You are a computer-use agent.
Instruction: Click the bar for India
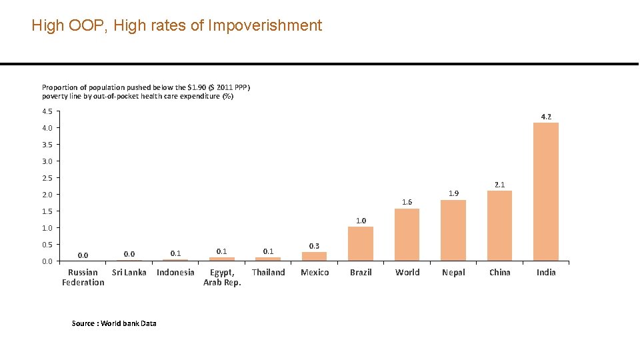tap(546, 191)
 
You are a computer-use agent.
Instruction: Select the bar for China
tap(499, 225)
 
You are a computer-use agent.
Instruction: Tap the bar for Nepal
tap(453, 230)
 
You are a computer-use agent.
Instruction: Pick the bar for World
tap(407, 235)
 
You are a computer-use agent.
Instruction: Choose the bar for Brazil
tap(361, 243)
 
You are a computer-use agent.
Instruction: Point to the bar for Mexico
tap(315, 256)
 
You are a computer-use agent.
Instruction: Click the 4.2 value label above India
tap(546, 117)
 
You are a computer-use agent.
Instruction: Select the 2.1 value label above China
tap(499, 185)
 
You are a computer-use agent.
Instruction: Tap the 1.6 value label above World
tap(407, 202)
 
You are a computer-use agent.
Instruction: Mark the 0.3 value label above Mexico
tap(315, 246)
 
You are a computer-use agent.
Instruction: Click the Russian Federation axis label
tap(83, 277)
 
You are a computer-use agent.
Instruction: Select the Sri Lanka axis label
tap(129, 272)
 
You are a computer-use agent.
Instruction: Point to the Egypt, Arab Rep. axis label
tap(222, 277)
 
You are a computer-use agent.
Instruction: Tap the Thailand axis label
tap(268, 272)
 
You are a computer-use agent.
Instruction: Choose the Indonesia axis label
tap(175, 272)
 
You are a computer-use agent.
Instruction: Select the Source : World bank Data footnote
tap(114, 323)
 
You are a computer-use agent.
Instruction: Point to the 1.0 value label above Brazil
tap(361, 221)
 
